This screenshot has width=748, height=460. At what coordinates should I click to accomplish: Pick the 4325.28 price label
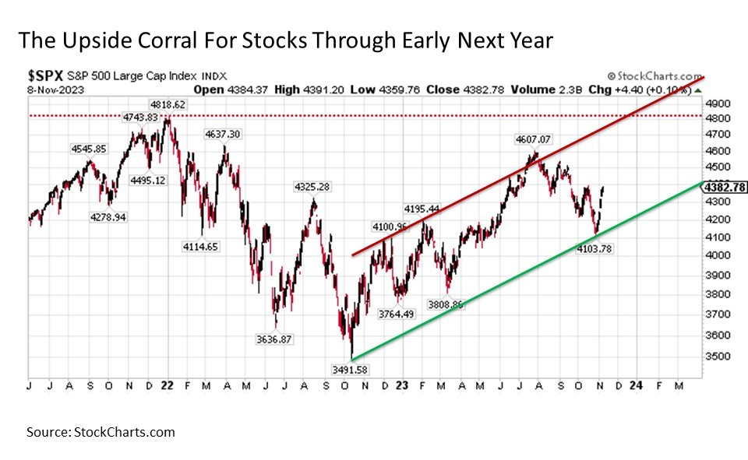point(312,187)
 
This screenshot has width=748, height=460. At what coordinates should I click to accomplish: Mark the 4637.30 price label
point(223,134)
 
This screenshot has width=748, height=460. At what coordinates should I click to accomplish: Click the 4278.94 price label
point(108,217)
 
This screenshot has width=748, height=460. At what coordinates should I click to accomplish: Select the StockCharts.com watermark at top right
point(658,75)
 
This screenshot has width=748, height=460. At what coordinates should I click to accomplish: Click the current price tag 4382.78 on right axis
point(725,187)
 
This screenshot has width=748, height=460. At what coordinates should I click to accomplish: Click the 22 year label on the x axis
point(166,384)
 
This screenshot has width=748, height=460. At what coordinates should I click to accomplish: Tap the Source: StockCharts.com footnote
point(101,432)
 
